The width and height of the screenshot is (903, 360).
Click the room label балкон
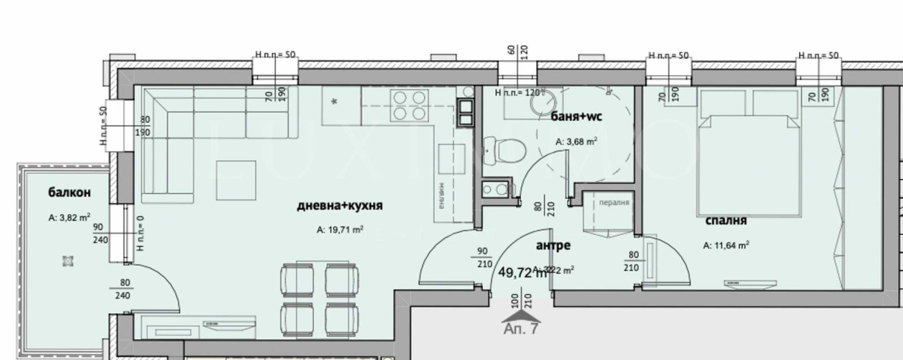(x=69, y=192)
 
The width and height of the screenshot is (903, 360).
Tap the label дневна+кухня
(x=340, y=205)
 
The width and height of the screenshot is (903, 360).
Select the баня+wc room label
(x=576, y=117)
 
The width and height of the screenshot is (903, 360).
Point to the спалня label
(x=726, y=221)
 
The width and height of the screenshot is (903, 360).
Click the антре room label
(x=553, y=245)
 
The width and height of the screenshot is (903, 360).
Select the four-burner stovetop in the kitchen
(x=409, y=106)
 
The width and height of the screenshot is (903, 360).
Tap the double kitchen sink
(x=467, y=112)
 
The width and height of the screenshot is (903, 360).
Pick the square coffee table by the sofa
(x=236, y=180)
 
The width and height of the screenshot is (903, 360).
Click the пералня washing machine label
(x=614, y=203)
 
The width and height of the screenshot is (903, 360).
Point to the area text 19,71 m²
(x=340, y=230)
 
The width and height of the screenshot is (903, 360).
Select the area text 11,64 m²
(x=726, y=245)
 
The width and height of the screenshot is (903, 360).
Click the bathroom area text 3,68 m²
(x=576, y=142)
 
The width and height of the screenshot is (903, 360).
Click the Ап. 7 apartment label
(x=521, y=329)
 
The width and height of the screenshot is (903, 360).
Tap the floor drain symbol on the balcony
(x=68, y=261)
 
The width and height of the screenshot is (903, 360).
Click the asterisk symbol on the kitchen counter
(x=335, y=102)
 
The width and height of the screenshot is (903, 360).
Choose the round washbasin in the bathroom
(x=546, y=104)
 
